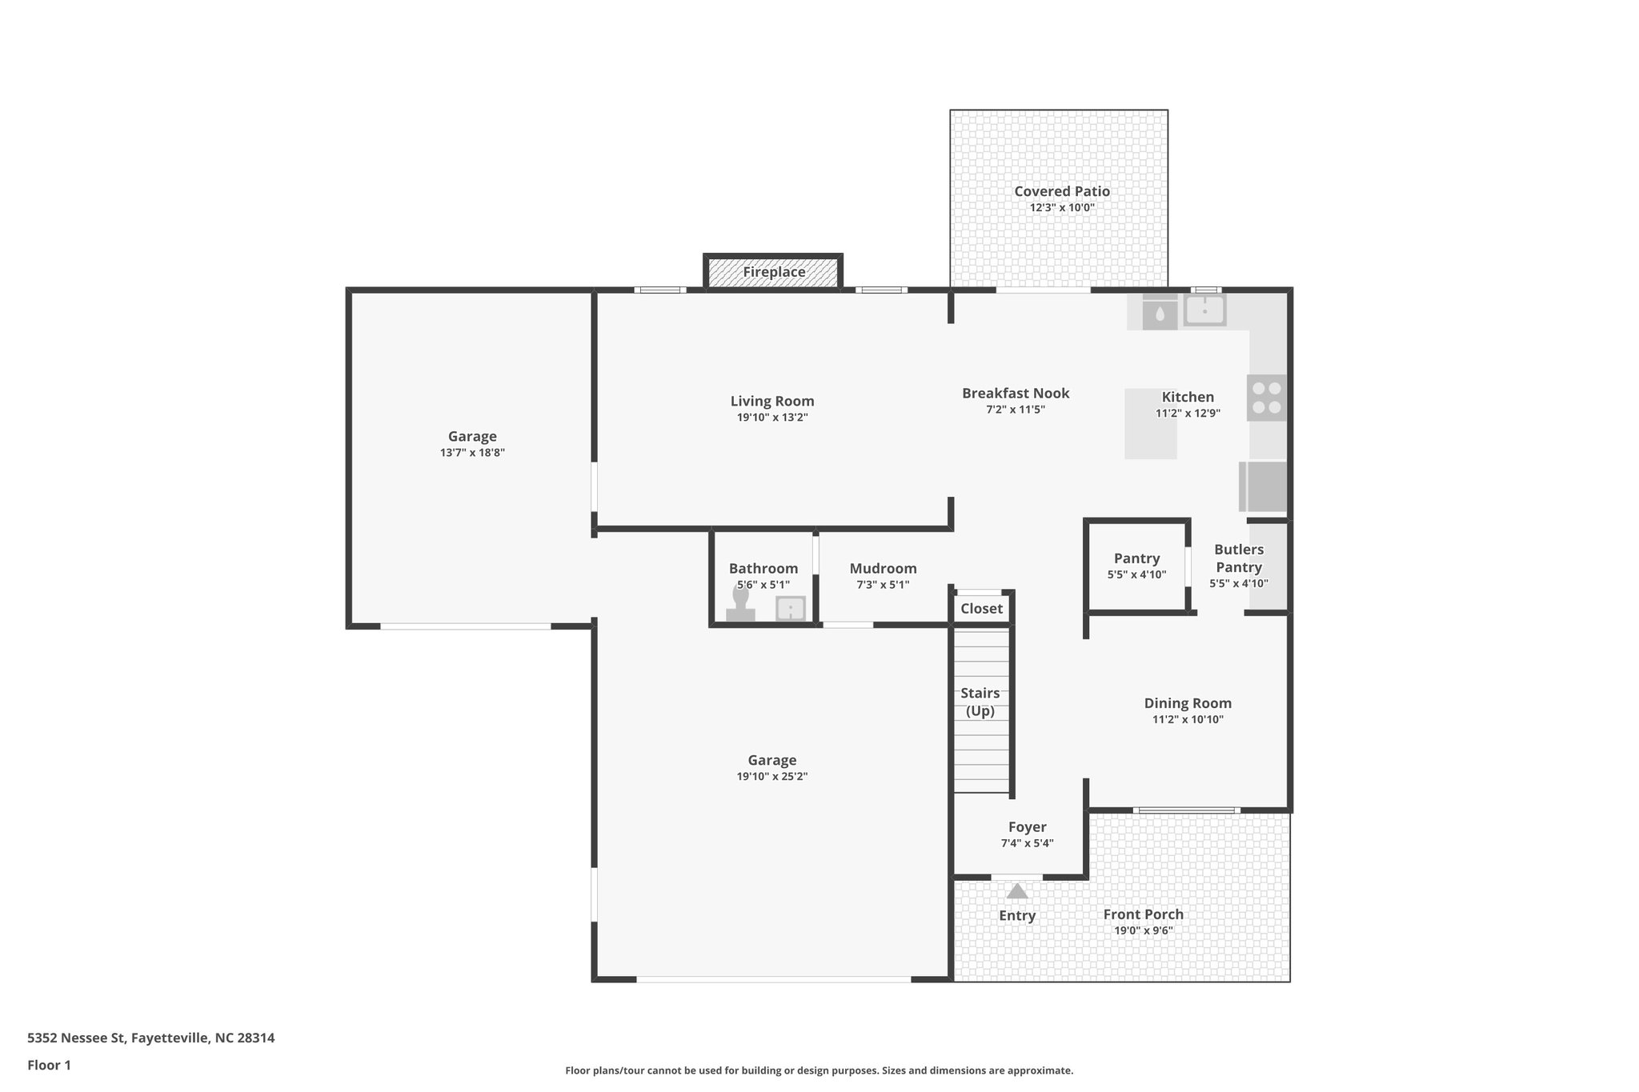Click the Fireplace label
tap(773, 272)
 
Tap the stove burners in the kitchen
tap(1266, 398)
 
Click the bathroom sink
tap(791, 609)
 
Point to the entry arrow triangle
tap(1016, 890)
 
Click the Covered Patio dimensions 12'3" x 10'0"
tap(1061, 208)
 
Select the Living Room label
tap(771, 402)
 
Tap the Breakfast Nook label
tap(1015, 394)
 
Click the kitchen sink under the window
tap(1204, 310)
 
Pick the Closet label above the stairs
tap(981, 609)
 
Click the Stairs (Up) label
tap(980, 702)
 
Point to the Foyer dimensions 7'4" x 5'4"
tap(1027, 843)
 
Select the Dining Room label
tap(1187, 703)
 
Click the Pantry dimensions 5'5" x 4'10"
tap(1136, 574)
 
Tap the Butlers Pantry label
tap(1238, 558)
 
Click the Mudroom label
tap(883, 569)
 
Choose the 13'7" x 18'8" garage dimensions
tap(472, 453)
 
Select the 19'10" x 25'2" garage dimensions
tap(771, 776)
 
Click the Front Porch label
tap(1143, 914)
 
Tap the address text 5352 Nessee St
tap(77, 1038)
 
